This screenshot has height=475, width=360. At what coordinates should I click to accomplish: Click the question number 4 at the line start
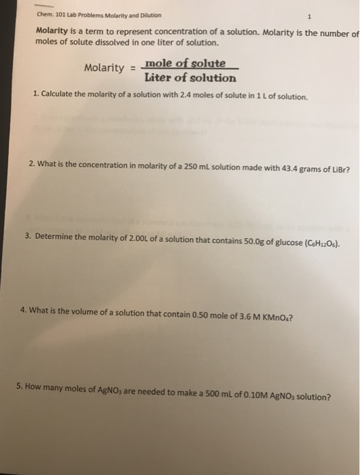coord(24,309)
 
